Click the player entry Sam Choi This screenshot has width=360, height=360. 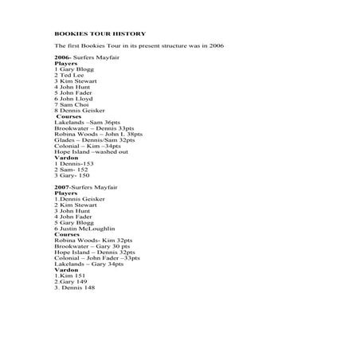click(72, 105)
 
